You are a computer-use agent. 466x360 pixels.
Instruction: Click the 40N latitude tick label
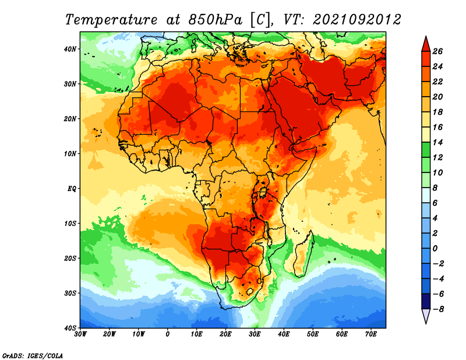[x=70, y=49]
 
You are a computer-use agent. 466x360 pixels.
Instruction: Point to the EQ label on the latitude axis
[x=72, y=189]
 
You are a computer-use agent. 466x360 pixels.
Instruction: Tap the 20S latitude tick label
[x=70, y=259]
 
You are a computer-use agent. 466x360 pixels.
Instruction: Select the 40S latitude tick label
[x=70, y=328]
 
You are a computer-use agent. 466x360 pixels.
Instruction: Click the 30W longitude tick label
[x=80, y=334]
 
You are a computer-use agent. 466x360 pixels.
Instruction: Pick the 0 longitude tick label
[x=168, y=334]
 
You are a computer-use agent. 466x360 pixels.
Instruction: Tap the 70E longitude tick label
[x=371, y=334]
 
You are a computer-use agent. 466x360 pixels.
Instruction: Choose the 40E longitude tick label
[x=284, y=334]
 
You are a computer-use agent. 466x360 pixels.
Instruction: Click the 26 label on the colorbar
[x=437, y=51]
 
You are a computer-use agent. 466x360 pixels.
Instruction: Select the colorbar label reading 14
[x=437, y=142]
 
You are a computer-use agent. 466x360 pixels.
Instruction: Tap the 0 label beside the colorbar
[x=435, y=249]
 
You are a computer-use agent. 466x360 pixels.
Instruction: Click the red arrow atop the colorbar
[x=426, y=44]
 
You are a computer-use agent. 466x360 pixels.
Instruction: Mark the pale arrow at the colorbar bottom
[x=426, y=316]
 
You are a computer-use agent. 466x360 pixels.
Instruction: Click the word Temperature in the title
[x=111, y=20]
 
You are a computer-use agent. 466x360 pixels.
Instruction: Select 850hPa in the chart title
[x=216, y=20]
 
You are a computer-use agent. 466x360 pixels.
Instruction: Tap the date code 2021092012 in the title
[x=357, y=20]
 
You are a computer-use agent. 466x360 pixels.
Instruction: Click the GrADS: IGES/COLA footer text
[x=33, y=355]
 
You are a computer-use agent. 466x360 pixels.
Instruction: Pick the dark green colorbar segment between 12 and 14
[x=426, y=150]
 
